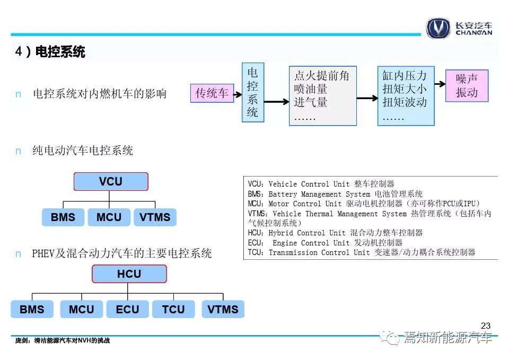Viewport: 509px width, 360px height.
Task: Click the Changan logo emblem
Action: point(438,28)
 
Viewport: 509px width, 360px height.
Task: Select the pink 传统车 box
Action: point(212,93)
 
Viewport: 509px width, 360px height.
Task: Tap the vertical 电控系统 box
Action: point(253,92)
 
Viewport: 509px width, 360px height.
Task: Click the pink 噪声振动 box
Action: point(467,86)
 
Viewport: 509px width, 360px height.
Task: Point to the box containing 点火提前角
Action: point(323,96)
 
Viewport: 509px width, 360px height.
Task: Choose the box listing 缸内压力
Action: point(406,96)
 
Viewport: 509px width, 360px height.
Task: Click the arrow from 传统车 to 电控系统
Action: point(238,95)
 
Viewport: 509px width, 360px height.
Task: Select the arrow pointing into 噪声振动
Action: point(440,84)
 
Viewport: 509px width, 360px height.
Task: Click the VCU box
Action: point(111,181)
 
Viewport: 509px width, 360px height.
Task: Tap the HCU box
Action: point(129,274)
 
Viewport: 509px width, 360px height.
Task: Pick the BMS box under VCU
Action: point(63,217)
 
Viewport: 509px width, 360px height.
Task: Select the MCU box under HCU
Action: point(82,309)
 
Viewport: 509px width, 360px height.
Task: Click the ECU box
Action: point(128,309)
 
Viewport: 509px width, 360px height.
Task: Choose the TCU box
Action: point(174,309)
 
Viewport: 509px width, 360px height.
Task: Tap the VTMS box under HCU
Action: point(223,309)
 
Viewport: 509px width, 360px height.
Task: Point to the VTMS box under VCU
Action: point(155,217)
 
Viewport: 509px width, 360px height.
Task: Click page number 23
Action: point(486,326)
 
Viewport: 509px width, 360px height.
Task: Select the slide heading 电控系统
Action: point(60,51)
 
